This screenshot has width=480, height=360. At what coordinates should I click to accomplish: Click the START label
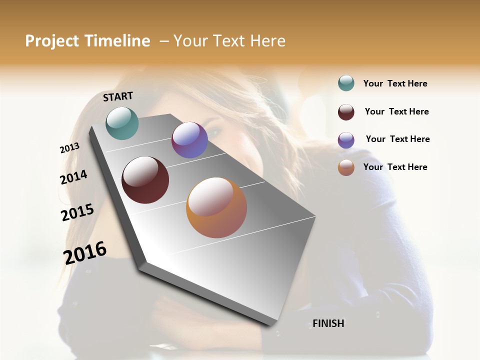[118, 96]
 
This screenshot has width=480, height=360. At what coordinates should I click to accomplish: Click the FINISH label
[328, 323]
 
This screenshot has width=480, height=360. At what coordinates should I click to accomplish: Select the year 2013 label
[69, 148]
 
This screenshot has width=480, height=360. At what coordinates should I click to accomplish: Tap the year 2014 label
[73, 177]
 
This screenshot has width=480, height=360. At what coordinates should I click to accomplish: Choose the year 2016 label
[84, 253]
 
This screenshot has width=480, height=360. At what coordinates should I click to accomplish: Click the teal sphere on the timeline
[122, 123]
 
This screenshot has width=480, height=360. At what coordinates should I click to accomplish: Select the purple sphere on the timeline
[189, 140]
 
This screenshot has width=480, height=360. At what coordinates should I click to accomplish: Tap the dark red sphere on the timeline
[145, 180]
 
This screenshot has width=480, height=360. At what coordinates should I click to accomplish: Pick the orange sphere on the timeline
[216, 207]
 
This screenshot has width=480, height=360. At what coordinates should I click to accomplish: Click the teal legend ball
[346, 83]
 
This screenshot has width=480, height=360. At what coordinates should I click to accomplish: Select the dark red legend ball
[346, 112]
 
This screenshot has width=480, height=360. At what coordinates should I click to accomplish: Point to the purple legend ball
[346, 140]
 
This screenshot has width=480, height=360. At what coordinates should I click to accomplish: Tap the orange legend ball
[346, 167]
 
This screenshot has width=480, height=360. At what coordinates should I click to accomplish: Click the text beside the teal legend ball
[395, 83]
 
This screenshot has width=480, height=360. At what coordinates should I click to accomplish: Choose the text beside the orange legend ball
[395, 167]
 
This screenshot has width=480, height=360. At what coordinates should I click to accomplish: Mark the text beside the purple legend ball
[397, 139]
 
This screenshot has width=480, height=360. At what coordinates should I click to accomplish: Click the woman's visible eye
[214, 132]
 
